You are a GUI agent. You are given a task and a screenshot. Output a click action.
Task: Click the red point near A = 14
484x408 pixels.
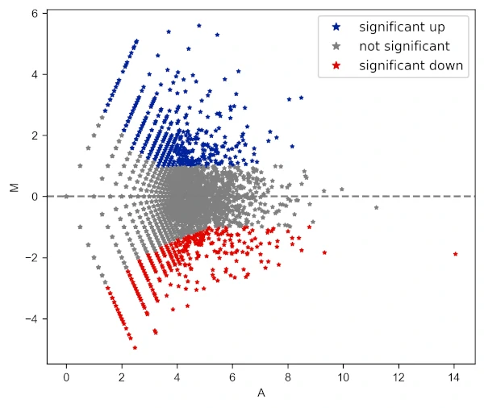tap(456, 254)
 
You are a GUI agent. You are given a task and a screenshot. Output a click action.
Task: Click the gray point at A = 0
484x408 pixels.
tap(66, 196)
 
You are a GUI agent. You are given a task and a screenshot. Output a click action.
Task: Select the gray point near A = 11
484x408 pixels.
tap(376, 207)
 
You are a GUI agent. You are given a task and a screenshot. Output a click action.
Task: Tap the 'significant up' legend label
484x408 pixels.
tap(402, 27)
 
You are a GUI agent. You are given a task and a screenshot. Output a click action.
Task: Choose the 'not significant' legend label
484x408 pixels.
tap(404, 47)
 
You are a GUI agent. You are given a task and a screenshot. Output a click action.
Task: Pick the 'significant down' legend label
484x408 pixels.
tap(411, 66)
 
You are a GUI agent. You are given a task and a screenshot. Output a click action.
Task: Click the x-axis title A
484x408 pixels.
tap(261, 393)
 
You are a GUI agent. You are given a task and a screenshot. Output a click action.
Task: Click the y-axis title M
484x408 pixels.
tap(14, 188)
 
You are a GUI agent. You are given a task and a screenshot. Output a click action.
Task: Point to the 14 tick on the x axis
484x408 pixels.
tap(454, 377)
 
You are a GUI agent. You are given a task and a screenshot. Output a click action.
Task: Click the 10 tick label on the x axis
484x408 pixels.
tap(344, 377)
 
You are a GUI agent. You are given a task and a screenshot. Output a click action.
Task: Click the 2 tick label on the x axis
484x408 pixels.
tap(122, 377)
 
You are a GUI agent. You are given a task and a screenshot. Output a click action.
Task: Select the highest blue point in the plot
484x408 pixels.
tap(199, 25)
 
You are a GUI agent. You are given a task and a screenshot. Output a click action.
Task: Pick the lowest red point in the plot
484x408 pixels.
tap(135, 348)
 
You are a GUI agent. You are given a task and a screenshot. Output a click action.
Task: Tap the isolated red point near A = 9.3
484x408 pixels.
tap(324, 252)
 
